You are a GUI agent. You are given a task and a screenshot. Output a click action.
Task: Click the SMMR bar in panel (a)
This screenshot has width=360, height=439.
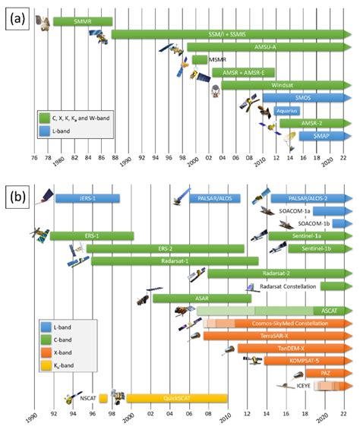point(82,22)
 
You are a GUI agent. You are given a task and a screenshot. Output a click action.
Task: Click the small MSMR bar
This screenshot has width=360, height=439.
point(200,60)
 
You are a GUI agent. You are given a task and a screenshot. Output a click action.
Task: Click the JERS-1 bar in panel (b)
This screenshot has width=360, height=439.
point(87,198)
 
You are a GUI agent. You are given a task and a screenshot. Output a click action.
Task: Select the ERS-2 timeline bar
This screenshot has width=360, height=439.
point(164,248)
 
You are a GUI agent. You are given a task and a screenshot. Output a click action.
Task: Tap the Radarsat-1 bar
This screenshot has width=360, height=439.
point(174,261)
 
